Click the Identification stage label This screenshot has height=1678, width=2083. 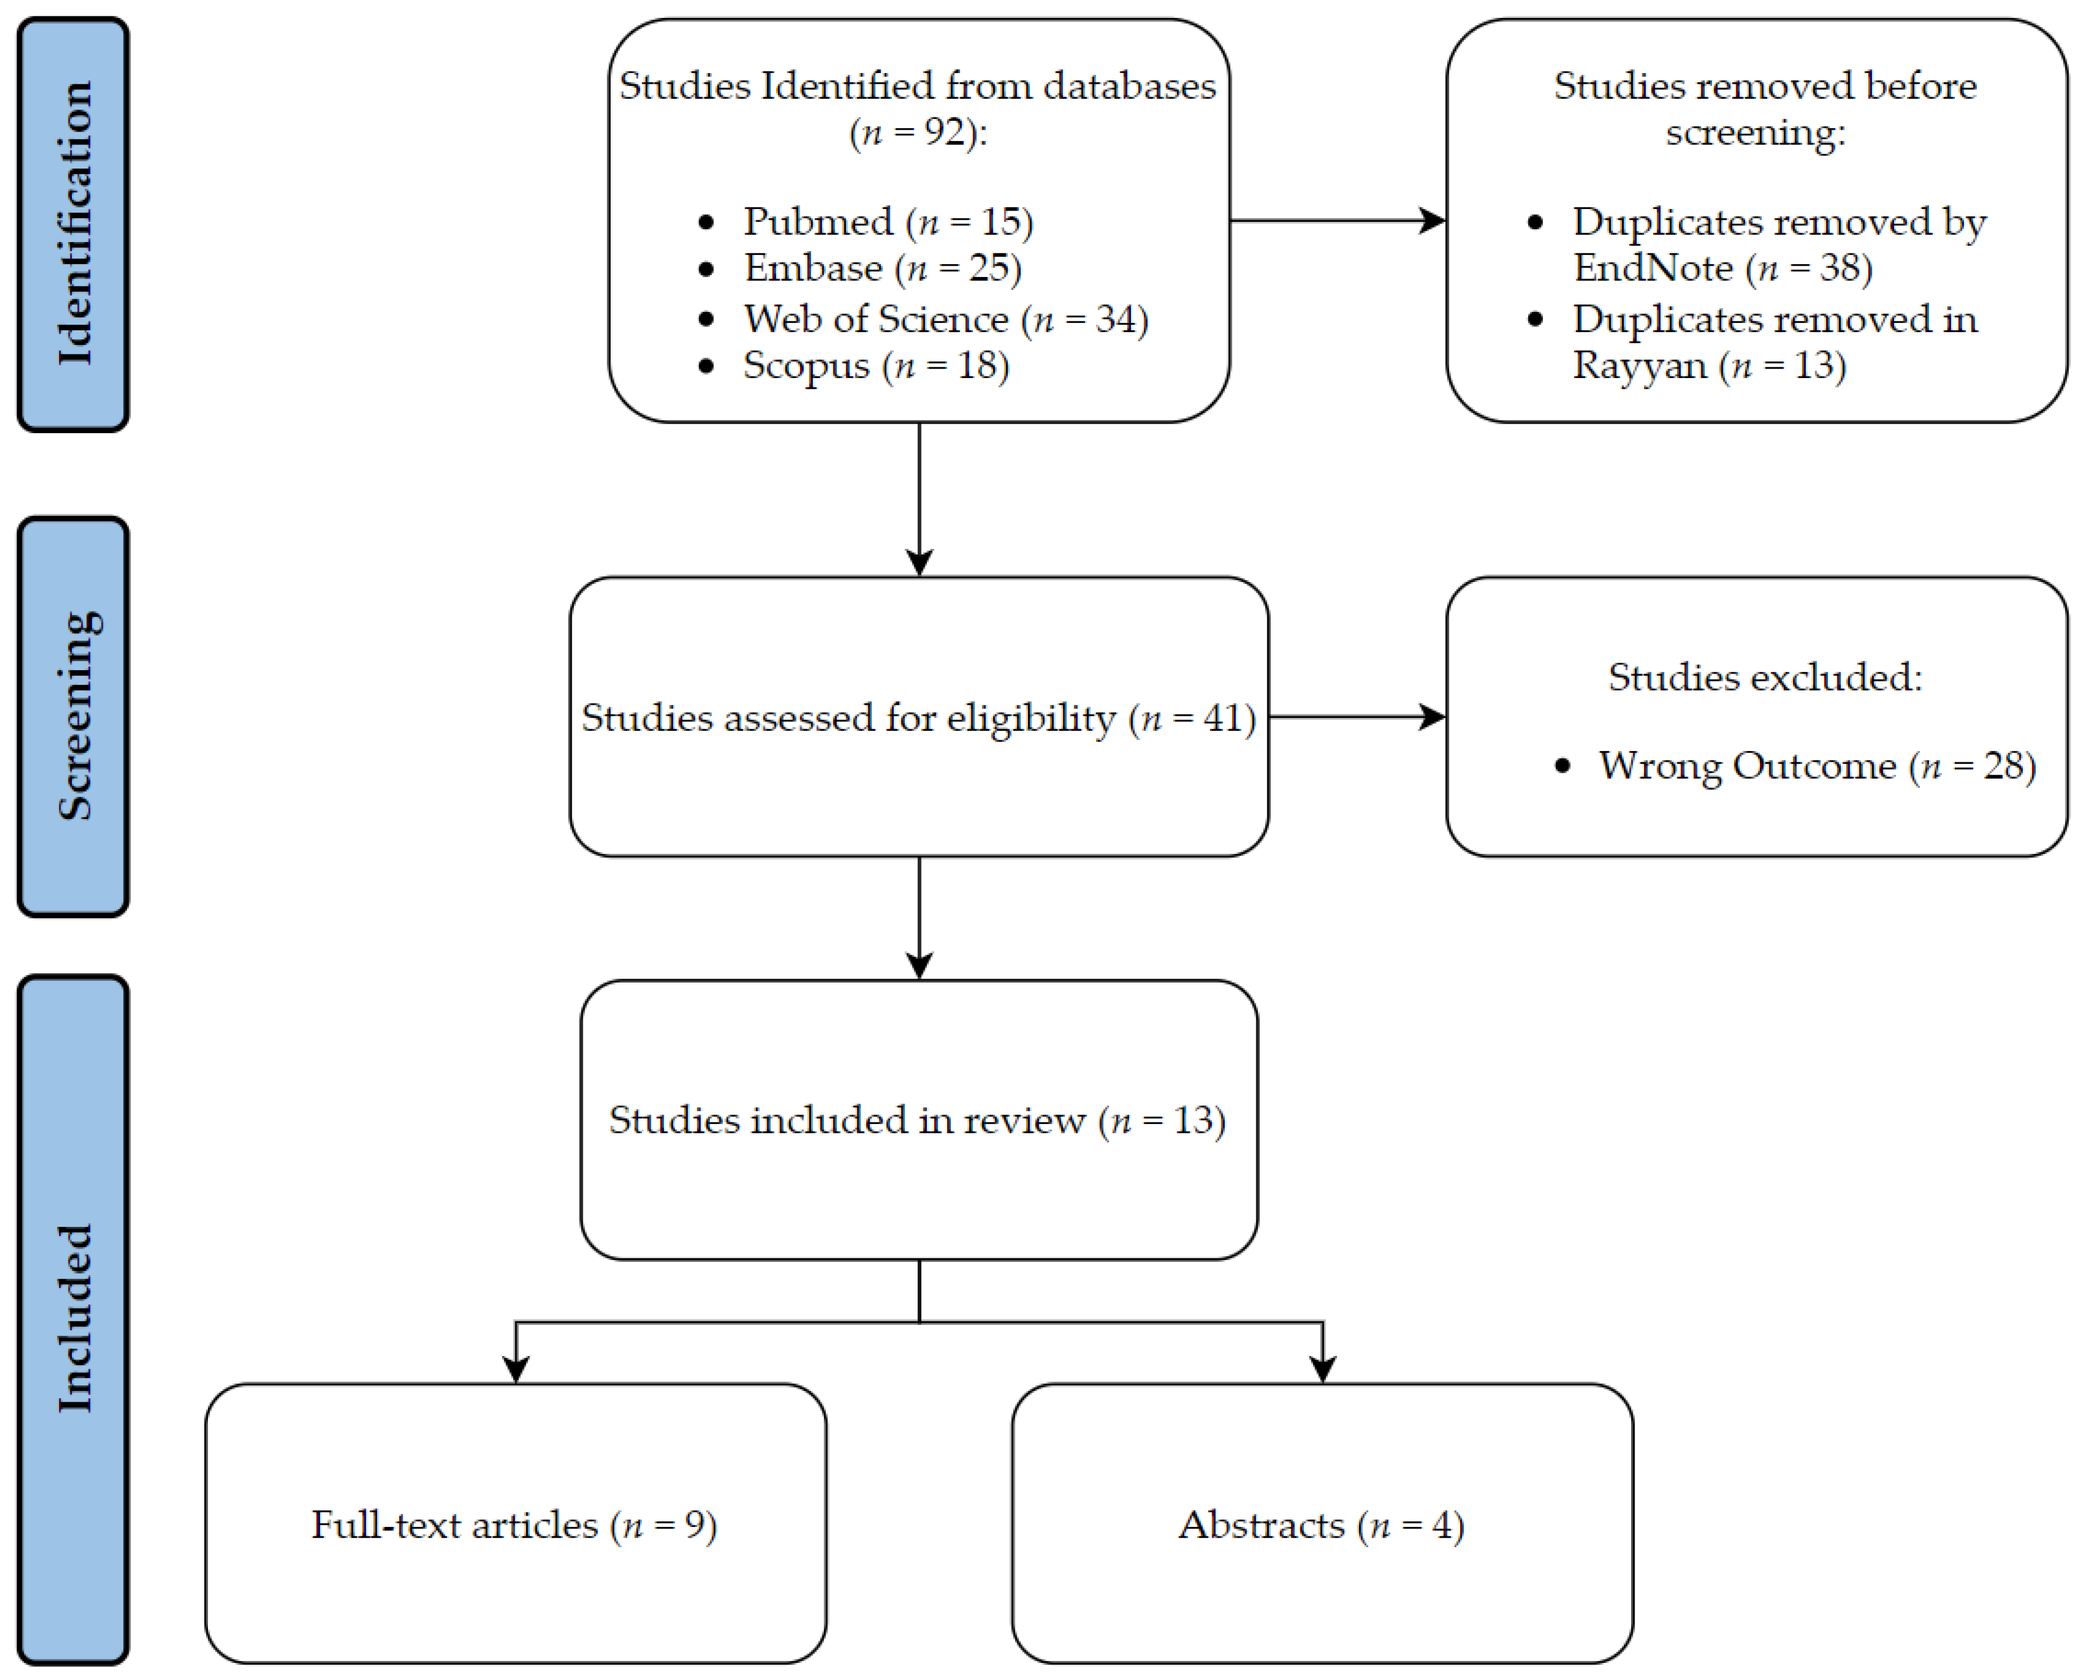pyautogui.click(x=74, y=223)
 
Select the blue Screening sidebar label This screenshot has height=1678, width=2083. pyautogui.click(x=74, y=716)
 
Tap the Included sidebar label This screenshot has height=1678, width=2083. pyautogui.click(x=74, y=1320)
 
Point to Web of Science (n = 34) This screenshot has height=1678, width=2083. pyautogui.click(x=945, y=319)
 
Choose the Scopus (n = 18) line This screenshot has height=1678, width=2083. pyautogui.click(x=875, y=365)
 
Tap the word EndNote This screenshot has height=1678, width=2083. pyautogui.click(x=1652, y=268)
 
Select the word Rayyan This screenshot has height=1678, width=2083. pyautogui.click(x=1639, y=365)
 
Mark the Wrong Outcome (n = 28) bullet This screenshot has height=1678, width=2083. pyautogui.click(x=1816, y=766)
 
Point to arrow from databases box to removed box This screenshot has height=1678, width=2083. pyautogui.click(x=1337, y=221)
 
